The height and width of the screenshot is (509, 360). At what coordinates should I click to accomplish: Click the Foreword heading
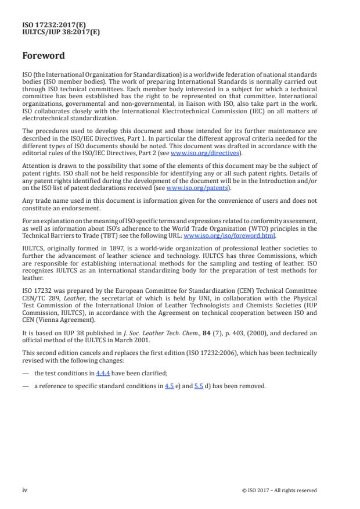click(44, 56)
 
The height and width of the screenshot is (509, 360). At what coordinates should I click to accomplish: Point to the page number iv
click(25, 490)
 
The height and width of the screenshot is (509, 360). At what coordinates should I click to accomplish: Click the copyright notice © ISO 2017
click(279, 490)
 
